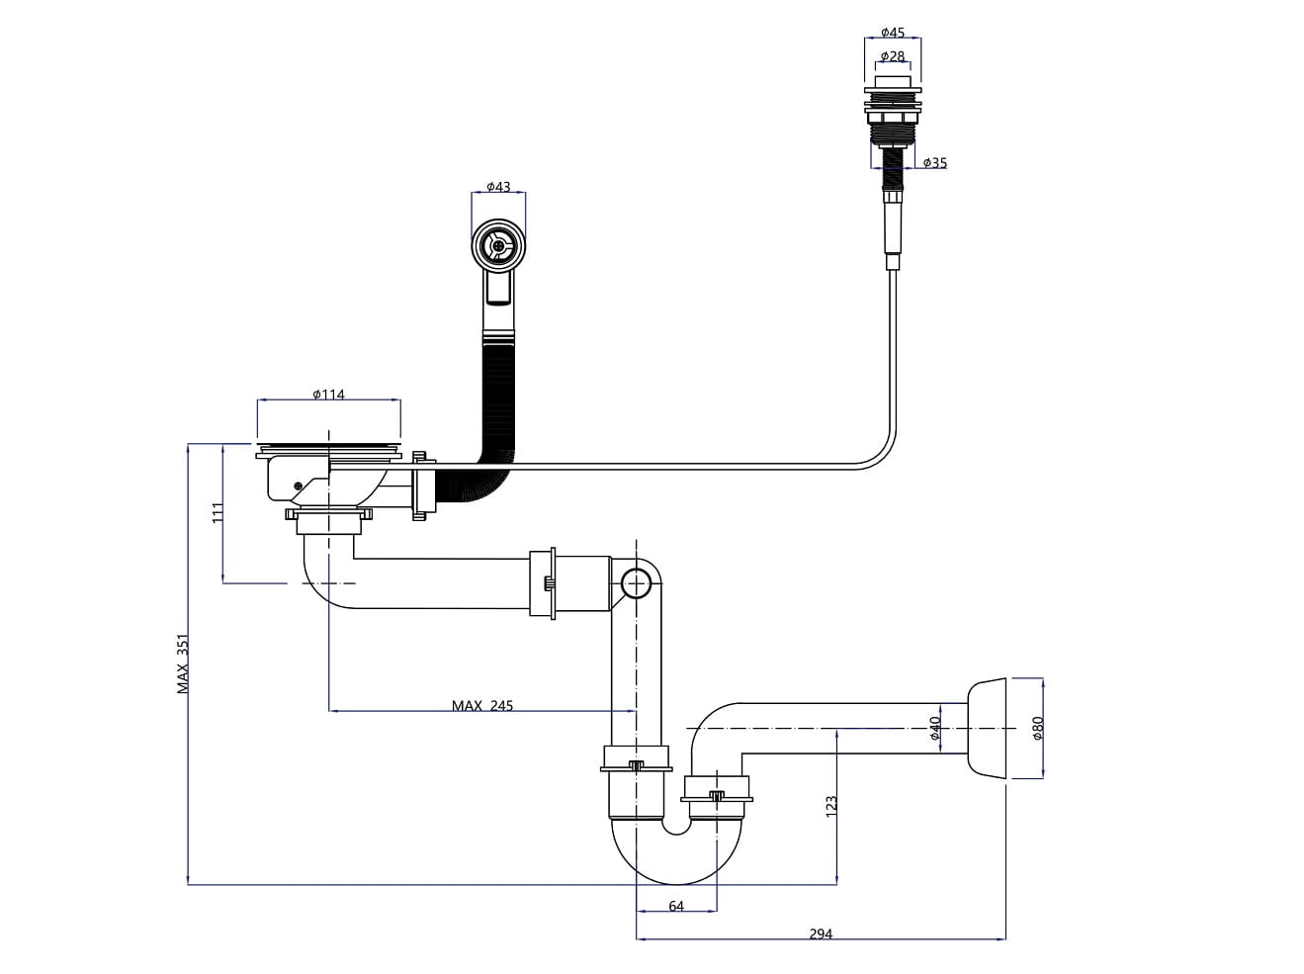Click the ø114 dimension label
[x=328, y=395]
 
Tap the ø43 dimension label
[x=498, y=187]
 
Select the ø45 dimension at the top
[x=893, y=33]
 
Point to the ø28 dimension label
[x=893, y=56]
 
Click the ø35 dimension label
[x=934, y=162]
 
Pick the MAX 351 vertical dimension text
[x=183, y=664]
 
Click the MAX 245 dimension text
[x=482, y=706]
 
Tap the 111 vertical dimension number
[x=219, y=512]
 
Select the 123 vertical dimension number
[x=830, y=804]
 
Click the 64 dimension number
[x=676, y=906]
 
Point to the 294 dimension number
[x=821, y=933]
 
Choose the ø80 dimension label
[x=1037, y=728]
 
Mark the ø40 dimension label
[x=934, y=729]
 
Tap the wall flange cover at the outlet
[x=985, y=728]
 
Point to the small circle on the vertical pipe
[x=636, y=584]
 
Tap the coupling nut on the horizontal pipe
[x=544, y=584]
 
